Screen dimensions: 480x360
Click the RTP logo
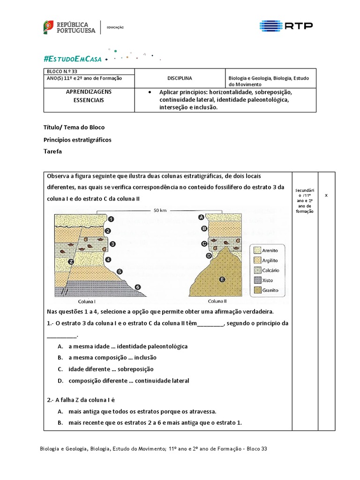pos(286,26)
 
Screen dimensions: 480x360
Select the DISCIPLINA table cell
pos(180,78)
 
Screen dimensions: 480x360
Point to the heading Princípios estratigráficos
pos(77,140)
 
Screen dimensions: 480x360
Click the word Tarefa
pos(52,151)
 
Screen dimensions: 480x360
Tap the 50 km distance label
pos(160,210)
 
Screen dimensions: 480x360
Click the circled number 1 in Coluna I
pos(111,218)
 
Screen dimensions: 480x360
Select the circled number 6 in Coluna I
pos(137,286)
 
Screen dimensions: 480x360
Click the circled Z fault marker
pos(71,262)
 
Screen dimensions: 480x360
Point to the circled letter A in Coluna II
pos(201,217)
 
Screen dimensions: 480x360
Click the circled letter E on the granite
pos(222,280)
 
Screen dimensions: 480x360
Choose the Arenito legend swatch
pos(258,250)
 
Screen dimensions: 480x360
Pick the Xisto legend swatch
pos(258,280)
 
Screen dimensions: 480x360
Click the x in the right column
pos(326,195)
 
